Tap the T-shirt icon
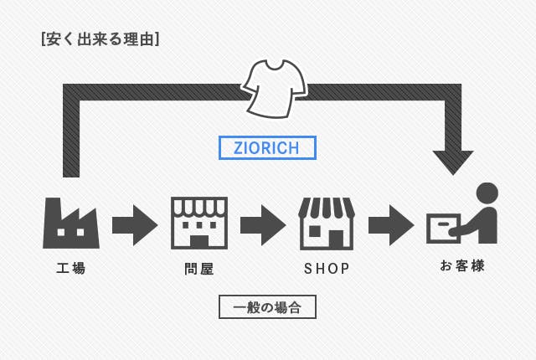[274, 87]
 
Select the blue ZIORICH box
[267, 148]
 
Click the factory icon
[70, 224]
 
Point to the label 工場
[70, 269]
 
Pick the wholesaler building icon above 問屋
[198, 223]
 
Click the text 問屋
[198, 269]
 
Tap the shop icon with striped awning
[327, 224]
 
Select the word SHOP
[327, 269]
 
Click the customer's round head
[487, 193]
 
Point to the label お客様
[461, 266]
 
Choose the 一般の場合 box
[267, 307]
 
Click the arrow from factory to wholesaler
[135, 225]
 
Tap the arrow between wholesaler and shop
[263, 225]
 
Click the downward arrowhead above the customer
[453, 162]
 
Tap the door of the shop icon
[335, 239]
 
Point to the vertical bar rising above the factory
[71, 134]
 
